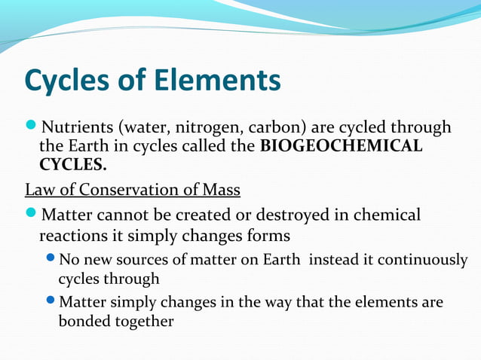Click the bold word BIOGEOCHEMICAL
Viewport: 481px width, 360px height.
point(341,145)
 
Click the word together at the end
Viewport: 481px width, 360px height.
point(146,322)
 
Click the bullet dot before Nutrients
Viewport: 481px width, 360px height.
point(31,127)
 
